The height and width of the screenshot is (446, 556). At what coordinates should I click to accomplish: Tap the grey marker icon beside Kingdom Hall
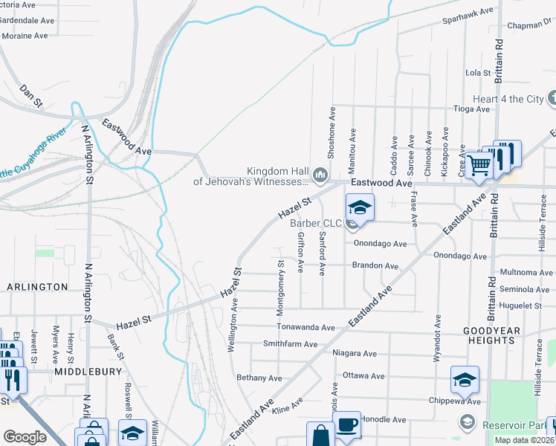(321, 175)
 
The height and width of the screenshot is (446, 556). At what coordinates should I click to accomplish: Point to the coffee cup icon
(347, 426)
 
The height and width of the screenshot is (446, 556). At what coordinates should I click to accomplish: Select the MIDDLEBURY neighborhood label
(82, 369)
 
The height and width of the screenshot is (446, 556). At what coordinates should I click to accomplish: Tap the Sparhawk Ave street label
(468, 13)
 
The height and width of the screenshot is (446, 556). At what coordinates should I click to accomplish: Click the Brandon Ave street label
(375, 265)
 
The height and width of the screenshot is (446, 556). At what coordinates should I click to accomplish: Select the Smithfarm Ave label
(290, 344)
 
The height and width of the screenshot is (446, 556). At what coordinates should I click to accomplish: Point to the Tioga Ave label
(472, 109)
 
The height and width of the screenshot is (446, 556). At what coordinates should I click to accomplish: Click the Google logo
(25, 437)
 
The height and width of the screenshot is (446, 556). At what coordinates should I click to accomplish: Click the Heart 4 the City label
(508, 99)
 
